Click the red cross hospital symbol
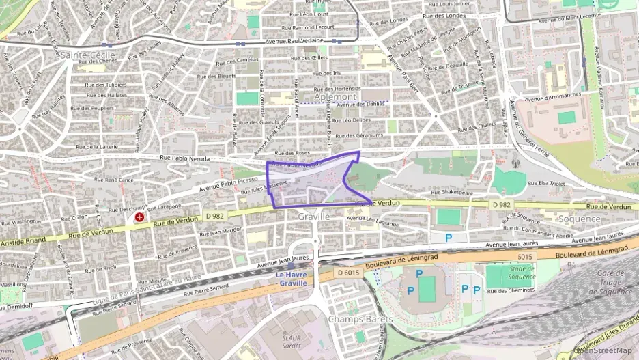(140, 217)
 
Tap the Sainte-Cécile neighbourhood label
(88, 54)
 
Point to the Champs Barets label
(360, 319)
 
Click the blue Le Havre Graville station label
(292, 279)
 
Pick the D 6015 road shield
(348, 272)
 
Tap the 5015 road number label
(524, 257)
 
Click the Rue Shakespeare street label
(447, 193)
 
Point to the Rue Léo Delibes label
(351, 120)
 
